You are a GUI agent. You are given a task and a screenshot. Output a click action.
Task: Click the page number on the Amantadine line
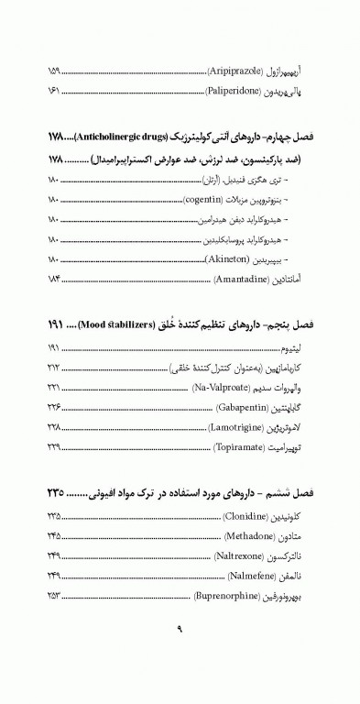[53, 279]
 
